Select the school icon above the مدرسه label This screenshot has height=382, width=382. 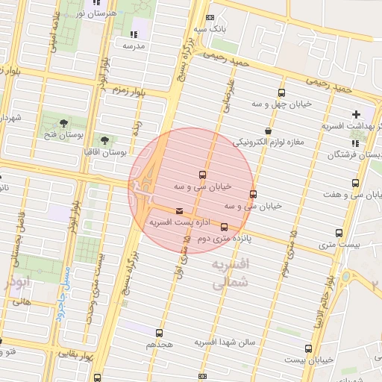(x=134, y=34)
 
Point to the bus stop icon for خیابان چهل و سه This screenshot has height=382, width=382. (x=281, y=93)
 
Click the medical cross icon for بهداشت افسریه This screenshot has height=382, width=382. (x=356, y=115)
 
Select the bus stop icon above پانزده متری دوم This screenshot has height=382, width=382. (x=224, y=228)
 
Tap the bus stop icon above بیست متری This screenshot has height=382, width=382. (x=339, y=233)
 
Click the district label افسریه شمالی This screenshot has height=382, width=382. (x=228, y=274)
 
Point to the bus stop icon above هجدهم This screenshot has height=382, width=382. (x=159, y=334)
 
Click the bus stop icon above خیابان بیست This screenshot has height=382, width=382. (x=308, y=348)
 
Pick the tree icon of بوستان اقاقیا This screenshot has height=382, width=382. (x=104, y=140)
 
